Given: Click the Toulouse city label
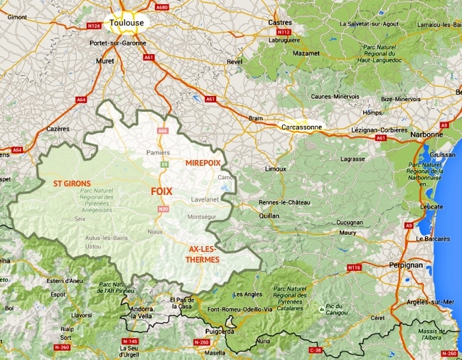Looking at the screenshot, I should point(127,23).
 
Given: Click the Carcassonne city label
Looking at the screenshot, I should point(302,127).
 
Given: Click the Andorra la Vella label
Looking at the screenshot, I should point(146,314).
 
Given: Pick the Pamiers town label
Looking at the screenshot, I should point(159,152).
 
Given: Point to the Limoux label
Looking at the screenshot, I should point(275,169).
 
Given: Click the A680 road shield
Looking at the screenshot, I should point(162,7).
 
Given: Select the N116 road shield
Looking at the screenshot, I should point(355,268).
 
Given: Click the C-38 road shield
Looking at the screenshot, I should point(315,350).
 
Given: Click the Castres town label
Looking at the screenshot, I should point(279,23).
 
